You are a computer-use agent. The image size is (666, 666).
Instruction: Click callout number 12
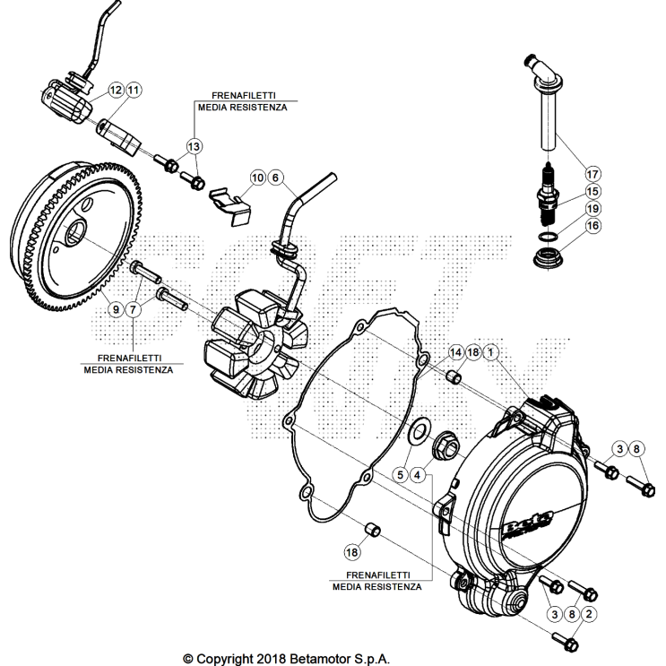click(x=117, y=90)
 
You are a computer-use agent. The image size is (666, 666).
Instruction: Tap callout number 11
click(x=134, y=90)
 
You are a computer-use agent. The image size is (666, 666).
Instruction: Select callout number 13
click(x=195, y=145)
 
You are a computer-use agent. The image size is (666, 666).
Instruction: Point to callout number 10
click(x=258, y=177)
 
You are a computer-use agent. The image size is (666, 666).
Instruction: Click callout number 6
click(x=275, y=177)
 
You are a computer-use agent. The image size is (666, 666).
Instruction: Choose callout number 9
click(x=116, y=308)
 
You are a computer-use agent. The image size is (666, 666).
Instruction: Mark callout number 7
click(x=134, y=308)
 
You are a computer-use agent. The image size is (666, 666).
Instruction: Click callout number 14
click(x=455, y=352)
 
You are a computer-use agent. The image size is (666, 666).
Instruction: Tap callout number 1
click(x=491, y=352)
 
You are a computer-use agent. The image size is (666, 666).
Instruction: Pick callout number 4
click(x=419, y=474)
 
